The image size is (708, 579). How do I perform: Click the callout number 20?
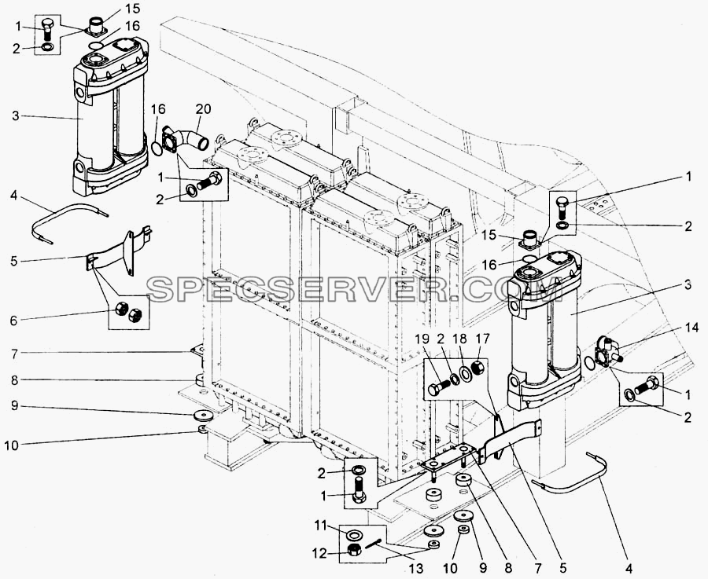point(204,109)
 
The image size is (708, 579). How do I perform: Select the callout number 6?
point(13,321)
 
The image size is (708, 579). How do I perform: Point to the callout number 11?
point(320,526)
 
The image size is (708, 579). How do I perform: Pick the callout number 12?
point(319,553)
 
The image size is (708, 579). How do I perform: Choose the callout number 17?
point(482,339)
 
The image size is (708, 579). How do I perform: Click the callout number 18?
point(463,339)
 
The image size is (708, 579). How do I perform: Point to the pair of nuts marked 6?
point(128,312)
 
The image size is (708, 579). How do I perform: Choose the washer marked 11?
point(353,534)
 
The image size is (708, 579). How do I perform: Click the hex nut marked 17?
point(478,370)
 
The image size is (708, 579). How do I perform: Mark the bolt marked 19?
point(438,387)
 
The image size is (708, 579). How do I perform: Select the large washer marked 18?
point(465,374)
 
